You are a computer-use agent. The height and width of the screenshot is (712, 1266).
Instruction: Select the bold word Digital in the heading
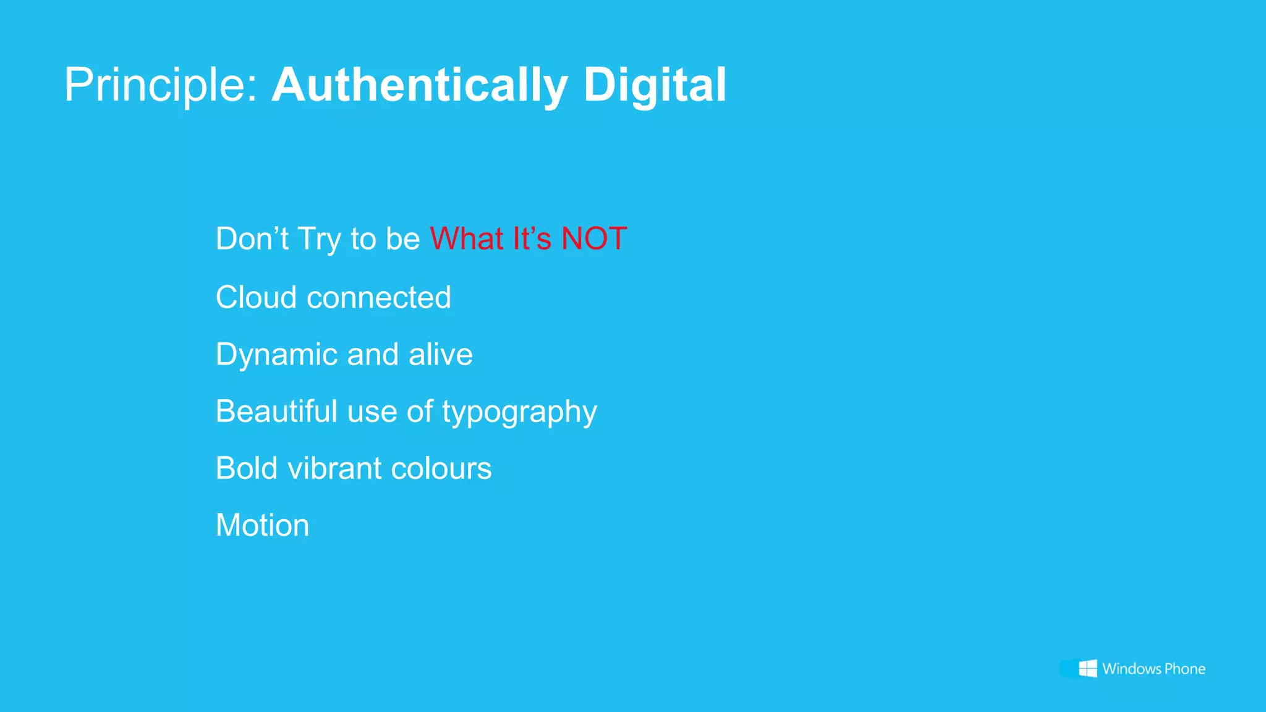coord(655,85)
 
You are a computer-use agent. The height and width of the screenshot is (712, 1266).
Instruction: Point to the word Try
coord(318,240)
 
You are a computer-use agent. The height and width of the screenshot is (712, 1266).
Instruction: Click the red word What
coord(467,239)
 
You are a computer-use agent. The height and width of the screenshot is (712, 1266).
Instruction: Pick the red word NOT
coord(594,239)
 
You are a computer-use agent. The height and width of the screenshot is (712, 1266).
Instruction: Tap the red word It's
coord(532,239)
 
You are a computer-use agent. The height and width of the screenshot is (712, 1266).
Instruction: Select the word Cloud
coord(256,297)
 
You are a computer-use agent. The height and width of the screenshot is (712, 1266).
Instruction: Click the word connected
coord(379,297)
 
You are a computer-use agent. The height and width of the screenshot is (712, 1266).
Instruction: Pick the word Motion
coord(262,525)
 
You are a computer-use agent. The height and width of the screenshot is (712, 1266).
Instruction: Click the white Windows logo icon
coord(1088,668)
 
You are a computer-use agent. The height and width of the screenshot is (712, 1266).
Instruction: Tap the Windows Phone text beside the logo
coord(1153,669)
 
